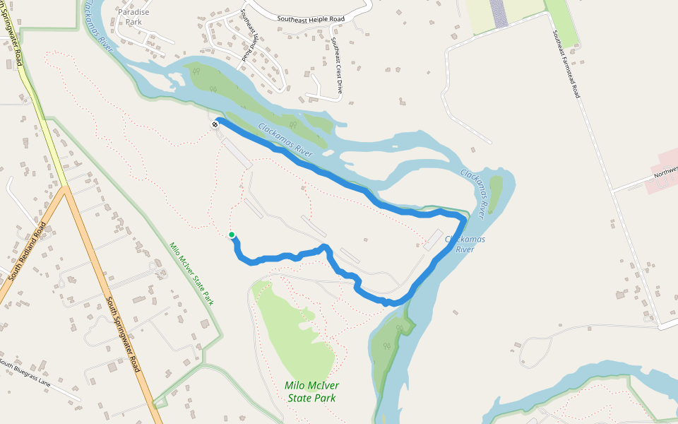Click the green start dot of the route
coord(232,235)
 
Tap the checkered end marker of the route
coord(215,124)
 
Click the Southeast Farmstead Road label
coord(566,64)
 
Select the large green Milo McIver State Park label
coord(311,391)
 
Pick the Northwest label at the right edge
coord(665,172)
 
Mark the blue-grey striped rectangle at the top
coord(499,13)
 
